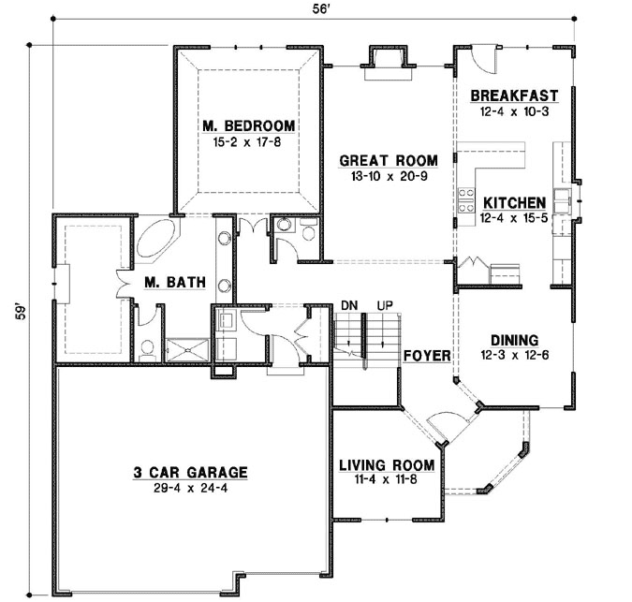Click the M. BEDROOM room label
pos(248,125)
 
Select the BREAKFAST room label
pos(514,95)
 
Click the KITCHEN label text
pos(514,202)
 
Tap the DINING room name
pos(512,341)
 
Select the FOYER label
pos(428,357)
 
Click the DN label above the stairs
pos(349,305)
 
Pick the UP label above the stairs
pos(384,305)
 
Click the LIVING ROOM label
pos(386,465)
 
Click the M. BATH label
pos(169,281)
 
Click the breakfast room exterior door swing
pos(485,60)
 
